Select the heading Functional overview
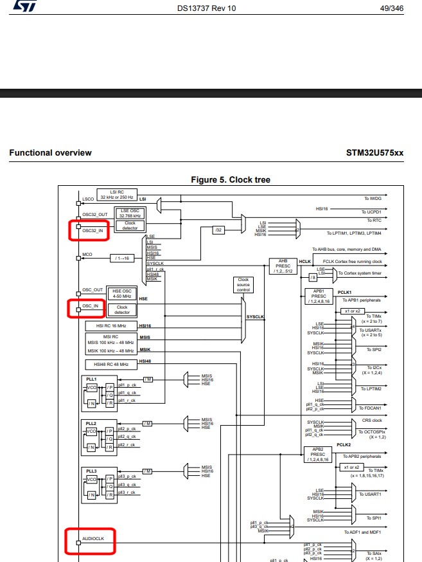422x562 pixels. [50, 152]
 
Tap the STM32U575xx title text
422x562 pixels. [374, 152]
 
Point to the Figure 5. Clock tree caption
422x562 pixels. [231, 179]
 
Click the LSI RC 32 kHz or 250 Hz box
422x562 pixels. [117, 194]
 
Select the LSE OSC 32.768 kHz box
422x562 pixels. [130, 213]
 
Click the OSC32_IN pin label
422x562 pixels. [92, 230]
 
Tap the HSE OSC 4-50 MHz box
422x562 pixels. [121, 293]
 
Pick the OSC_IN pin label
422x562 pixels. [91, 306]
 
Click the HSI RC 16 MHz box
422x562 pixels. [111, 326]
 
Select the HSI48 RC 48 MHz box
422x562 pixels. [111, 365]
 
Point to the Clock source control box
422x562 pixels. [243, 285]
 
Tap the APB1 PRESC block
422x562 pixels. [319, 296]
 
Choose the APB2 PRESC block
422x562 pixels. [318, 455]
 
